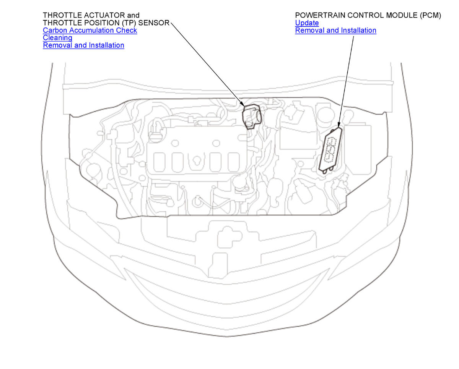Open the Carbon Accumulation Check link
coord(90,31)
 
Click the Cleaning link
coord(58,38)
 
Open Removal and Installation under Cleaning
coord(84,45)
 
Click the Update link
coord(307,23)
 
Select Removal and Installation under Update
coord(336,31)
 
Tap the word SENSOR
coord(154,23)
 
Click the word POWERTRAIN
coord(317,15)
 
